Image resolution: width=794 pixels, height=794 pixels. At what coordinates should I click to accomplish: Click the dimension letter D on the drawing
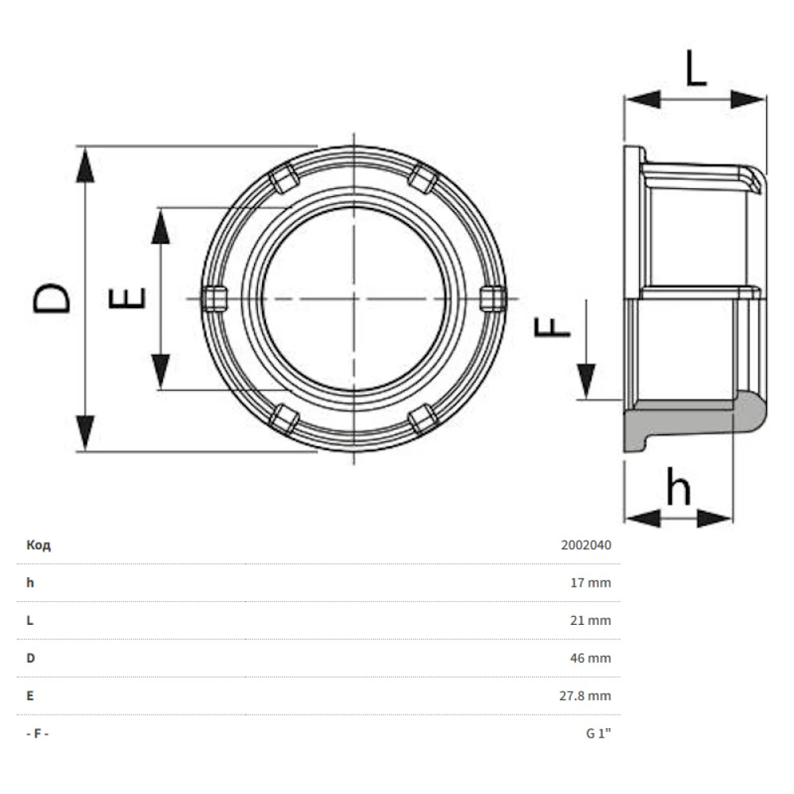pos(51,298)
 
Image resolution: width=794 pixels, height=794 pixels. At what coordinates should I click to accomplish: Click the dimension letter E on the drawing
pos(127,298)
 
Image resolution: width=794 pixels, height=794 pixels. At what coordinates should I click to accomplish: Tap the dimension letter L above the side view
pos(696,67)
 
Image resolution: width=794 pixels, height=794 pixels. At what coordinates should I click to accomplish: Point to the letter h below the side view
pos(679,486)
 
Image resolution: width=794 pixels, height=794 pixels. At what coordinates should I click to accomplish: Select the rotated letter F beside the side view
pos(553,326)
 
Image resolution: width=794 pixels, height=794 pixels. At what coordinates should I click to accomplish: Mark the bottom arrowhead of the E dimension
pos(160,371)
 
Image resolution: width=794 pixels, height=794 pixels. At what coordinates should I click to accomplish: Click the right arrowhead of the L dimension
pos(749,99)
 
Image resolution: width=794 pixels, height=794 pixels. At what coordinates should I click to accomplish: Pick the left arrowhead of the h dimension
pos(642,518)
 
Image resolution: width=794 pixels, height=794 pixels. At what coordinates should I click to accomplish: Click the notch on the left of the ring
pos(214,299)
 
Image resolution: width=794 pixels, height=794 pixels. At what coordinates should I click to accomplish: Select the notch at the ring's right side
pos(493,299)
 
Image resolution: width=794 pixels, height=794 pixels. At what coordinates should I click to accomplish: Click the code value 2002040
pos(586,545)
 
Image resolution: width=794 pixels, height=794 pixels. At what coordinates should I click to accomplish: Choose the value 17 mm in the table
pos(591,583)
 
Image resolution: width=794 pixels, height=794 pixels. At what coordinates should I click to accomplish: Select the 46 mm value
pos(591,658)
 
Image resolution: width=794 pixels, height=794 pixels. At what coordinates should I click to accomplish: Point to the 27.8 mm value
pos(585,696)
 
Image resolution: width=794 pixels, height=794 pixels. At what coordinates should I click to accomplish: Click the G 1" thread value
pos(599,733)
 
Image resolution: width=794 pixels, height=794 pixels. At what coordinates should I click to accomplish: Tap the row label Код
pos(38,545)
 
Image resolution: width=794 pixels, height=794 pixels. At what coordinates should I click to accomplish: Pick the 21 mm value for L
pos(591,620)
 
